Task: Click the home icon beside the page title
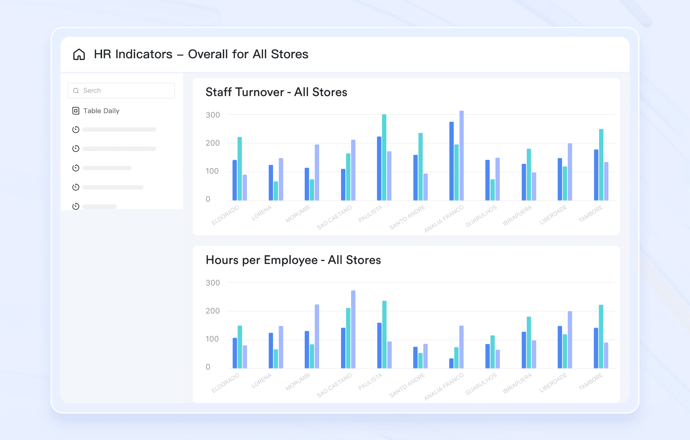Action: click(79, 54)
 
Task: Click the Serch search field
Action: click(121, 91)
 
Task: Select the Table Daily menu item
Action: click(101, 111)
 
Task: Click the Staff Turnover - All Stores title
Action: click(276, 92)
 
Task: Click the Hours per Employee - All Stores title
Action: click(293, 260)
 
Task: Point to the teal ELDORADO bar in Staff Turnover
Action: click(240, 169)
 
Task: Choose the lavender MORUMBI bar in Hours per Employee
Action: click(317, 336)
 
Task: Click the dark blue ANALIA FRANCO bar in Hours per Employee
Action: click(451, 363)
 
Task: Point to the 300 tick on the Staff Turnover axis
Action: click(212, 115)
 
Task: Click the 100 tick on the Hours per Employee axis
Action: click(212, 339)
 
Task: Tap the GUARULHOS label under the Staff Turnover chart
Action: click(481, 216)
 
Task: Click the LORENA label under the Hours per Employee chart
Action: click(262, 380)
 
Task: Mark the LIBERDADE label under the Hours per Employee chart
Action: click(553, 382)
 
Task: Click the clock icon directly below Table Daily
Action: click(76, 129)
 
